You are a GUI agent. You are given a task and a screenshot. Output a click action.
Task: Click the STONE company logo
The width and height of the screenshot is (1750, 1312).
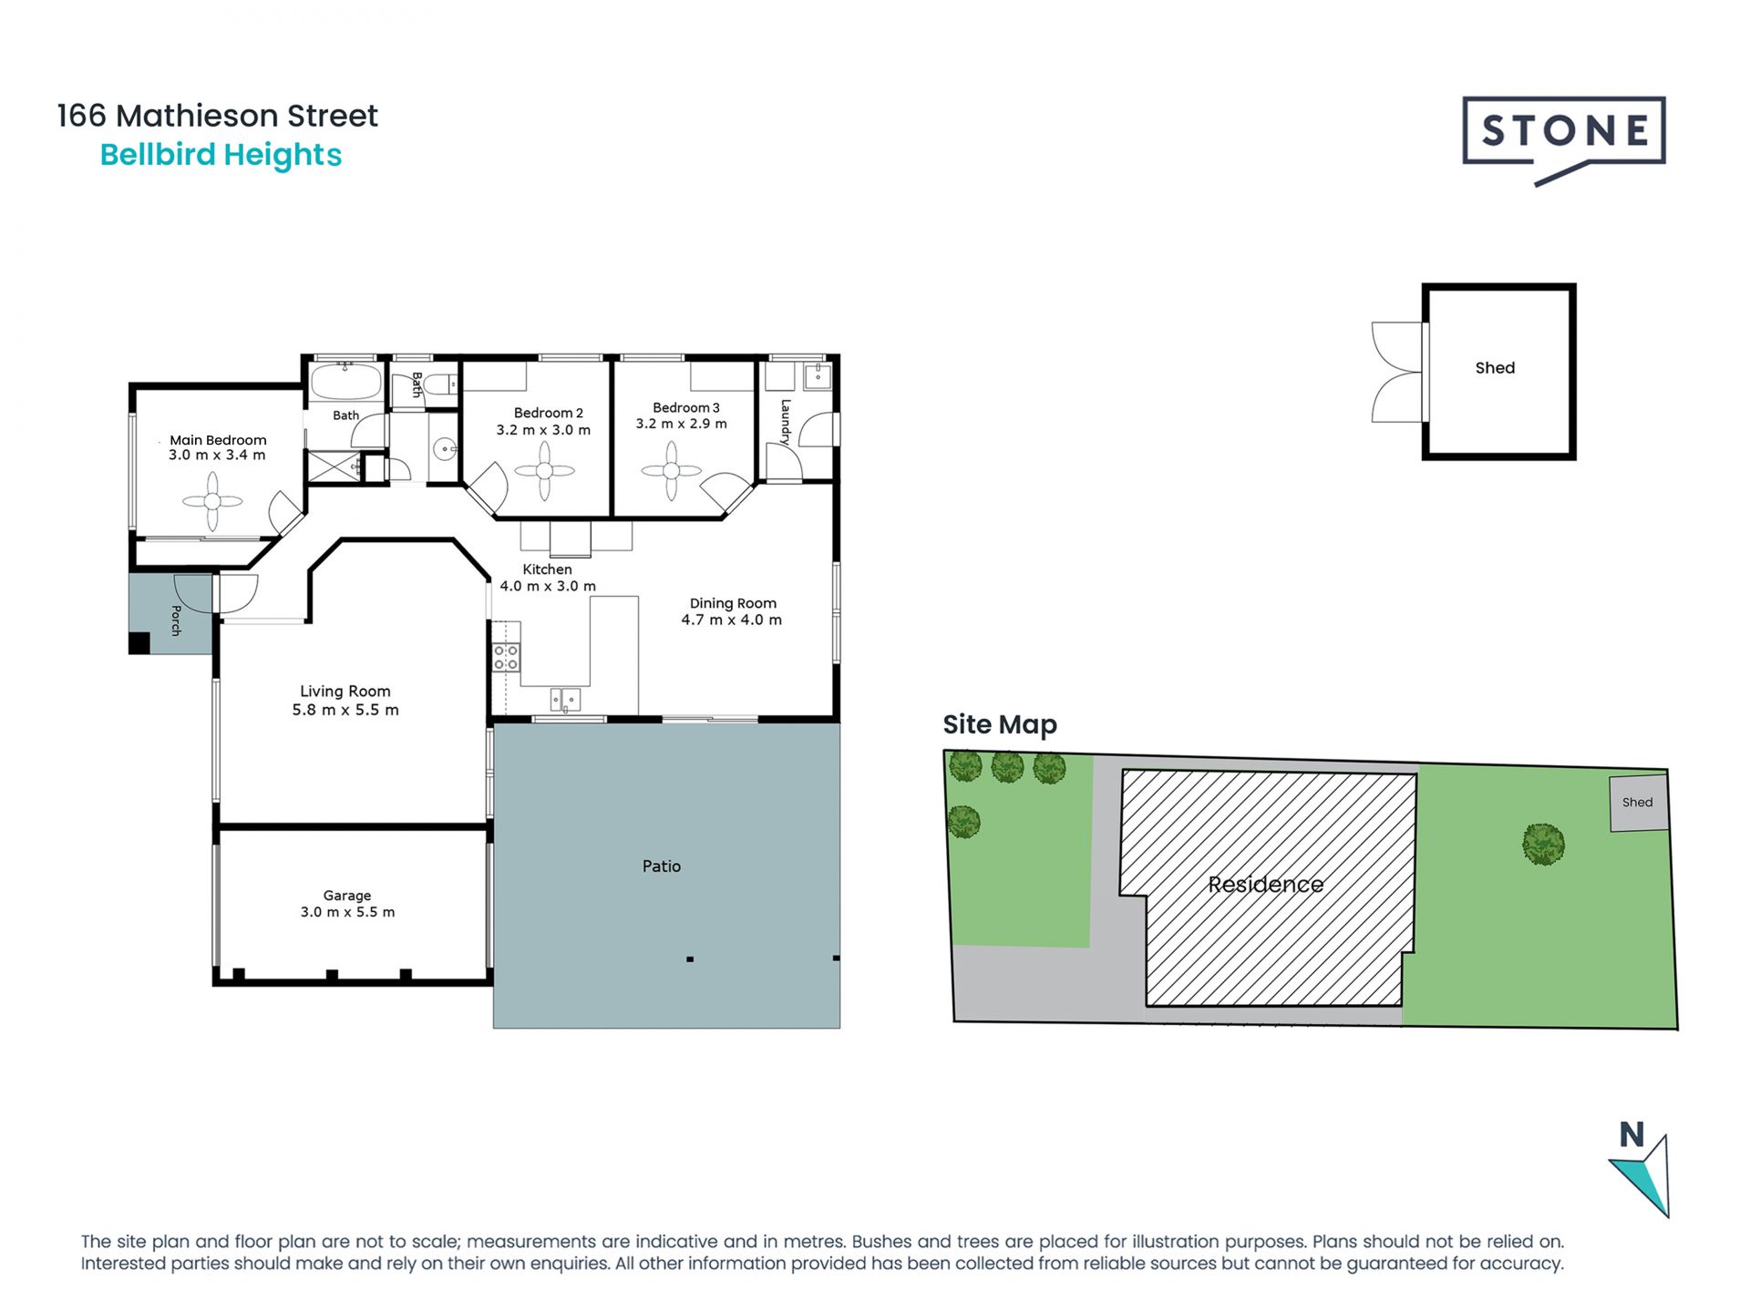click(x=1564, y=139)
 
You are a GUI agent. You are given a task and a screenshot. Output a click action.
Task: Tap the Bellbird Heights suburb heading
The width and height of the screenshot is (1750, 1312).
click(x=221, y=155)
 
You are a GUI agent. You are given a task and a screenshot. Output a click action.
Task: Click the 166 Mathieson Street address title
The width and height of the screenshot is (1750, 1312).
click(x=217, y=116)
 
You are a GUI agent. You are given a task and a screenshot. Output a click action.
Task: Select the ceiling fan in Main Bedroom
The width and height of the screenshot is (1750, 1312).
click(x=212, y=501)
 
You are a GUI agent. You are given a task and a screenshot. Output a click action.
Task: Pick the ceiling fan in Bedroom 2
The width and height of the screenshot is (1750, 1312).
click(x=544, y=471)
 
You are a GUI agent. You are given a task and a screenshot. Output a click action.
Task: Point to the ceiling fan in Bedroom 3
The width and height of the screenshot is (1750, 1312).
click(x=672, y=471)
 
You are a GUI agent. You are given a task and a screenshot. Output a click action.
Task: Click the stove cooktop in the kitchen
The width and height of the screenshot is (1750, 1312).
click(x=506, y=657)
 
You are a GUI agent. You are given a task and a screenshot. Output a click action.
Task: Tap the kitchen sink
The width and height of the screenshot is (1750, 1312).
click(x=565, y=700)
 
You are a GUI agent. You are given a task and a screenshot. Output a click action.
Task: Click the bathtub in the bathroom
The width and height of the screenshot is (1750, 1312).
click(x=345, y=382)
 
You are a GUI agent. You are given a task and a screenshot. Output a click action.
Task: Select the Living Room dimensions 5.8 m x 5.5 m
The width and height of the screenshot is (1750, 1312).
click(x=345, y=710)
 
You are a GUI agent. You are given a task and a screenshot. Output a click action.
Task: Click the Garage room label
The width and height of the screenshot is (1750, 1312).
click(x=347, y=896)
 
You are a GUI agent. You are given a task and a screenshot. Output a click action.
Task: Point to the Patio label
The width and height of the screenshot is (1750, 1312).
click(x=662, y=866)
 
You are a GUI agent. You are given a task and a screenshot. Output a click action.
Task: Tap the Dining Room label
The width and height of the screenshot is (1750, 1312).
click(x=733, y=603)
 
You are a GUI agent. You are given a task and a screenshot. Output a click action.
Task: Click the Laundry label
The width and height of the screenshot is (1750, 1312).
click(x=786, y=422)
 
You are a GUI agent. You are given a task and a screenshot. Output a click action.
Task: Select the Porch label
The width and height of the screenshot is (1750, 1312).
click(x=176, y=620)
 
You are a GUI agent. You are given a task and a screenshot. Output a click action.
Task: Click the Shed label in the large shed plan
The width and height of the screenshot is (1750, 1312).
click(x=1495, y=368)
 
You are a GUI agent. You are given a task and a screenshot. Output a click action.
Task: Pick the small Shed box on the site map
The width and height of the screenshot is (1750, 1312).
click(x=1639, y=803)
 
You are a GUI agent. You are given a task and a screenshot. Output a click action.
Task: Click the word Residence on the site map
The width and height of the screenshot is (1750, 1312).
click(x=1266, y=884)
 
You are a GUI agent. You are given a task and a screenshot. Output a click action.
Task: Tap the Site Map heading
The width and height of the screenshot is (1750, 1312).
click(x=1000, y=724)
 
